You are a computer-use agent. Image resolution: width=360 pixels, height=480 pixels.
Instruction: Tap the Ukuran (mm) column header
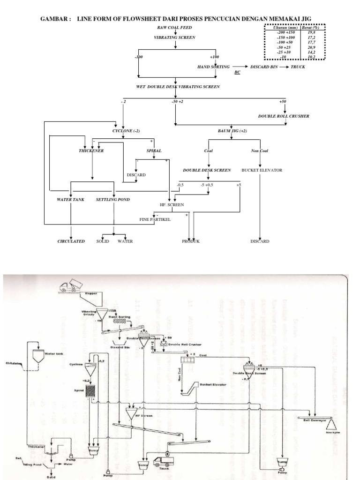pyautogui.click(x=283, y=28)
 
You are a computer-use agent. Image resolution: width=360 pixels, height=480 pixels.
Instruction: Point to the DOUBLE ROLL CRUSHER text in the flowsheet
pyautogui.click(x=284, y=116)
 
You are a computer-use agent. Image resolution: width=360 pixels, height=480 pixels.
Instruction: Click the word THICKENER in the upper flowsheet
pyautogui.click(x=91, y=151)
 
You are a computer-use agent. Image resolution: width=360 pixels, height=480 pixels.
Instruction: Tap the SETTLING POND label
pyautogui.click(x=113, y=200)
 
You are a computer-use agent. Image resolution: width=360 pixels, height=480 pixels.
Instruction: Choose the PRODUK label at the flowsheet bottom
pyautogui.click(x=191, y=241)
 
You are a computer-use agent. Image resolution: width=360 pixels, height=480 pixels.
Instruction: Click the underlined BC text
pyautogui.click(x=238, y=73)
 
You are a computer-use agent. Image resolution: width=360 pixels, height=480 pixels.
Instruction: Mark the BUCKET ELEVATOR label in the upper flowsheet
pyautogui.click(x=262, y=170)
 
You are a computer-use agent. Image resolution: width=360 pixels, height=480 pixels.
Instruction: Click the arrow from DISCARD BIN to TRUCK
pyautogui.click(x=284, y=67)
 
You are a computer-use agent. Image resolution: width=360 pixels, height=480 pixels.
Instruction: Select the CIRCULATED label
pyautogui.click(x=71, y=241)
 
